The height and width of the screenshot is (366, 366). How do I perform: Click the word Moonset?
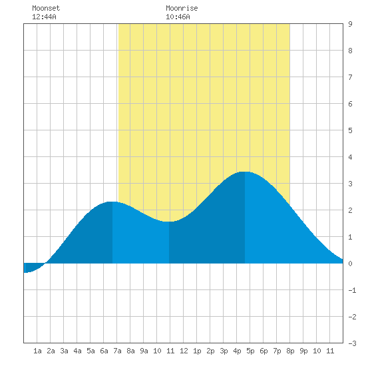point(46,8)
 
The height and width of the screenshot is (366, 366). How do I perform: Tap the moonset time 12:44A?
point(44,17)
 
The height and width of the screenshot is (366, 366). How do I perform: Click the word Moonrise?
point(182,8)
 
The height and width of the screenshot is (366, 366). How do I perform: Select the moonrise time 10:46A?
point(178,17)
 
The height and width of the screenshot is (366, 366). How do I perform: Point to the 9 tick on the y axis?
point(350,24)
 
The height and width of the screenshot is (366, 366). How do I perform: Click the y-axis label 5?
point(350,130)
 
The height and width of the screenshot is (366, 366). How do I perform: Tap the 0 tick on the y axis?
point(350,264)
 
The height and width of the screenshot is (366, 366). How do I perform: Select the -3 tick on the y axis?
point(352,343)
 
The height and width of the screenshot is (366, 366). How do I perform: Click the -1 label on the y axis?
point(352,290)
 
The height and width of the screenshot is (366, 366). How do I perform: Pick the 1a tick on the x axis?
point(37,351)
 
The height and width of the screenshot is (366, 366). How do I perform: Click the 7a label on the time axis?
point(117,351)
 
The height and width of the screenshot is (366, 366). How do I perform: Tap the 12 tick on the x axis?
point(184,351)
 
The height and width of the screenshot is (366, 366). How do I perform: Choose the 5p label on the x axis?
point(250,351)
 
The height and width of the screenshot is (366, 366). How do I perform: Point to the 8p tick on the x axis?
point(290,351)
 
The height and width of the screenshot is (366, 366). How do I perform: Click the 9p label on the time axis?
point(303,351)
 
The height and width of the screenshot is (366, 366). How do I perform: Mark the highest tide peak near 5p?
point(245,172)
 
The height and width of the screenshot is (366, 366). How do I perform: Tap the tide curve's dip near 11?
point(169,222)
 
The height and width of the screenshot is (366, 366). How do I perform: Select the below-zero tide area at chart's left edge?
point(31,268)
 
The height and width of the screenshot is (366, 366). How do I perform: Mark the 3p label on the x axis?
point(224,351)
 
